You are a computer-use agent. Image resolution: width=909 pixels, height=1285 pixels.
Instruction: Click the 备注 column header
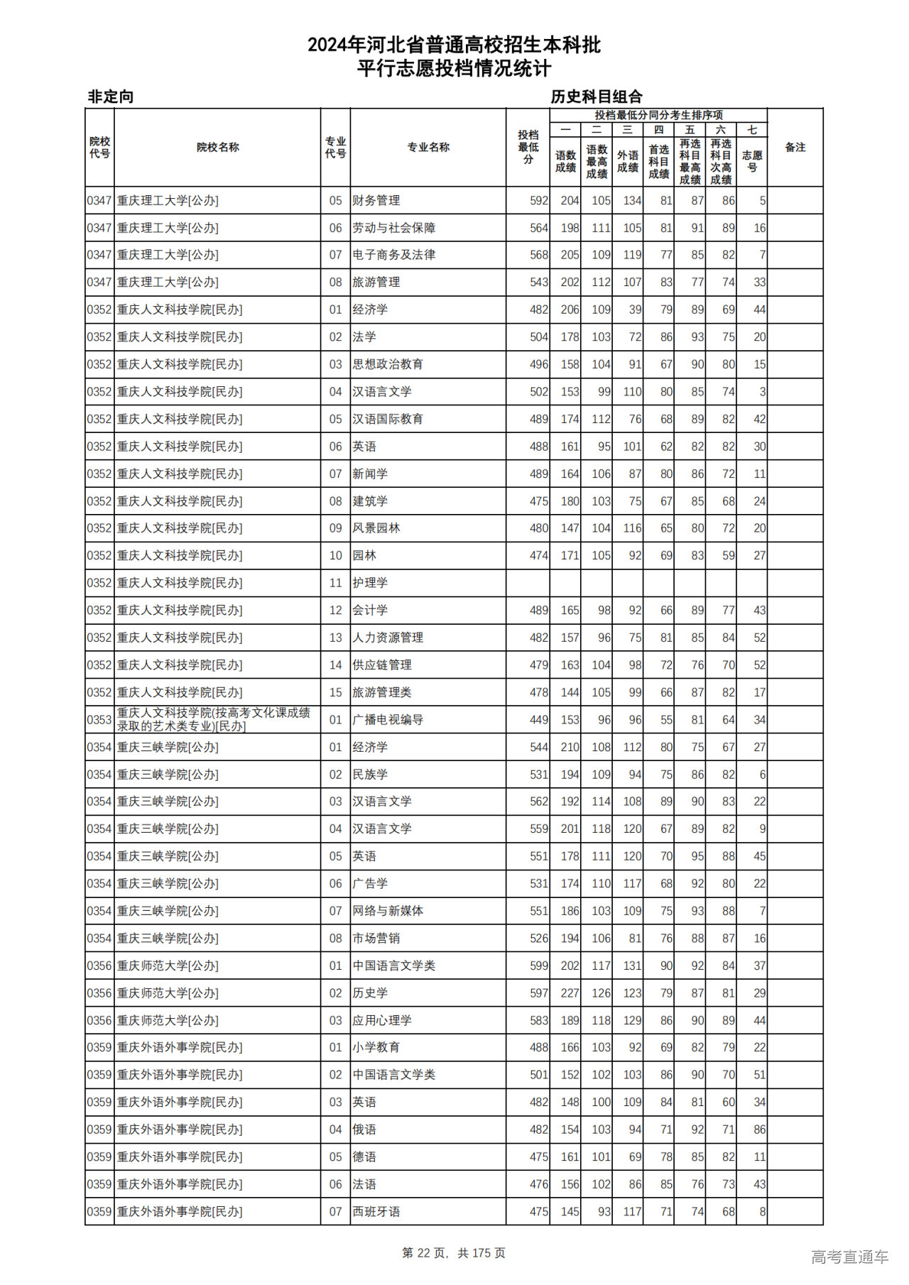click(x=795, y=147)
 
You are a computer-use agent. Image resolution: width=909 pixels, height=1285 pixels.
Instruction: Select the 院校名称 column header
click(x=217, y=147)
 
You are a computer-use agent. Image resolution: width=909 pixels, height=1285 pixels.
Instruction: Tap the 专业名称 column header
click(x=428, y=147)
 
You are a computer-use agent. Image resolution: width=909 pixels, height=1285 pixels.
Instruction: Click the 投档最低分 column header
click(x=528, y=147)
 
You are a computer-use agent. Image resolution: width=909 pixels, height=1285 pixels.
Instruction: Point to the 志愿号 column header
click(x=752, y=160)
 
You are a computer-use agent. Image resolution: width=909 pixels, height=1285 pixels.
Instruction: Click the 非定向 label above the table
click(x=111, y=97)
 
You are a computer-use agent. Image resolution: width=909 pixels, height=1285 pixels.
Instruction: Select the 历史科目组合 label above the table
click(x=597, y=97)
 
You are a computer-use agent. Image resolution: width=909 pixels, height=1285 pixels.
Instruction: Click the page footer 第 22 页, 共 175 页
click(x=454, y=1253)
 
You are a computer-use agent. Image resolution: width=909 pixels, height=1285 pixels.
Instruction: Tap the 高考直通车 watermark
click(x=849, y=1257)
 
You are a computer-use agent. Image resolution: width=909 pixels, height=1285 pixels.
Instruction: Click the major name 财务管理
click(x=376, y=201)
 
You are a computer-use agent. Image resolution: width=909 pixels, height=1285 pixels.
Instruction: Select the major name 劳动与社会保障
click(x=394, y=228)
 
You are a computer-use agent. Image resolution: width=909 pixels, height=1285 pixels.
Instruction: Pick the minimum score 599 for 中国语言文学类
click(x=538, y=966)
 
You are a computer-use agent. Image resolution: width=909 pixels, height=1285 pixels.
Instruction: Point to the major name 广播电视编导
click(x=388, y=720)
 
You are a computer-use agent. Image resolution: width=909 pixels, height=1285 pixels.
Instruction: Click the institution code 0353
click(x=99, y=720)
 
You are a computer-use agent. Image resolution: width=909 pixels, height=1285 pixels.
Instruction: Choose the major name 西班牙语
click(x=376, y=1212)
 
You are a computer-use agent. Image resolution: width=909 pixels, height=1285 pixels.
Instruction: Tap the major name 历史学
click(x=371, y=993)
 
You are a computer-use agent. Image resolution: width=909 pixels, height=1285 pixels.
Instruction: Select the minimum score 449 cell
click(x=538, y=720)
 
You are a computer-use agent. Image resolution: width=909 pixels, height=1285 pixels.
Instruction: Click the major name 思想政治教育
click(x=388, y=364)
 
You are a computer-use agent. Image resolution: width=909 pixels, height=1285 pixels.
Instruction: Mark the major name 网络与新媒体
click(x=388, y=911)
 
